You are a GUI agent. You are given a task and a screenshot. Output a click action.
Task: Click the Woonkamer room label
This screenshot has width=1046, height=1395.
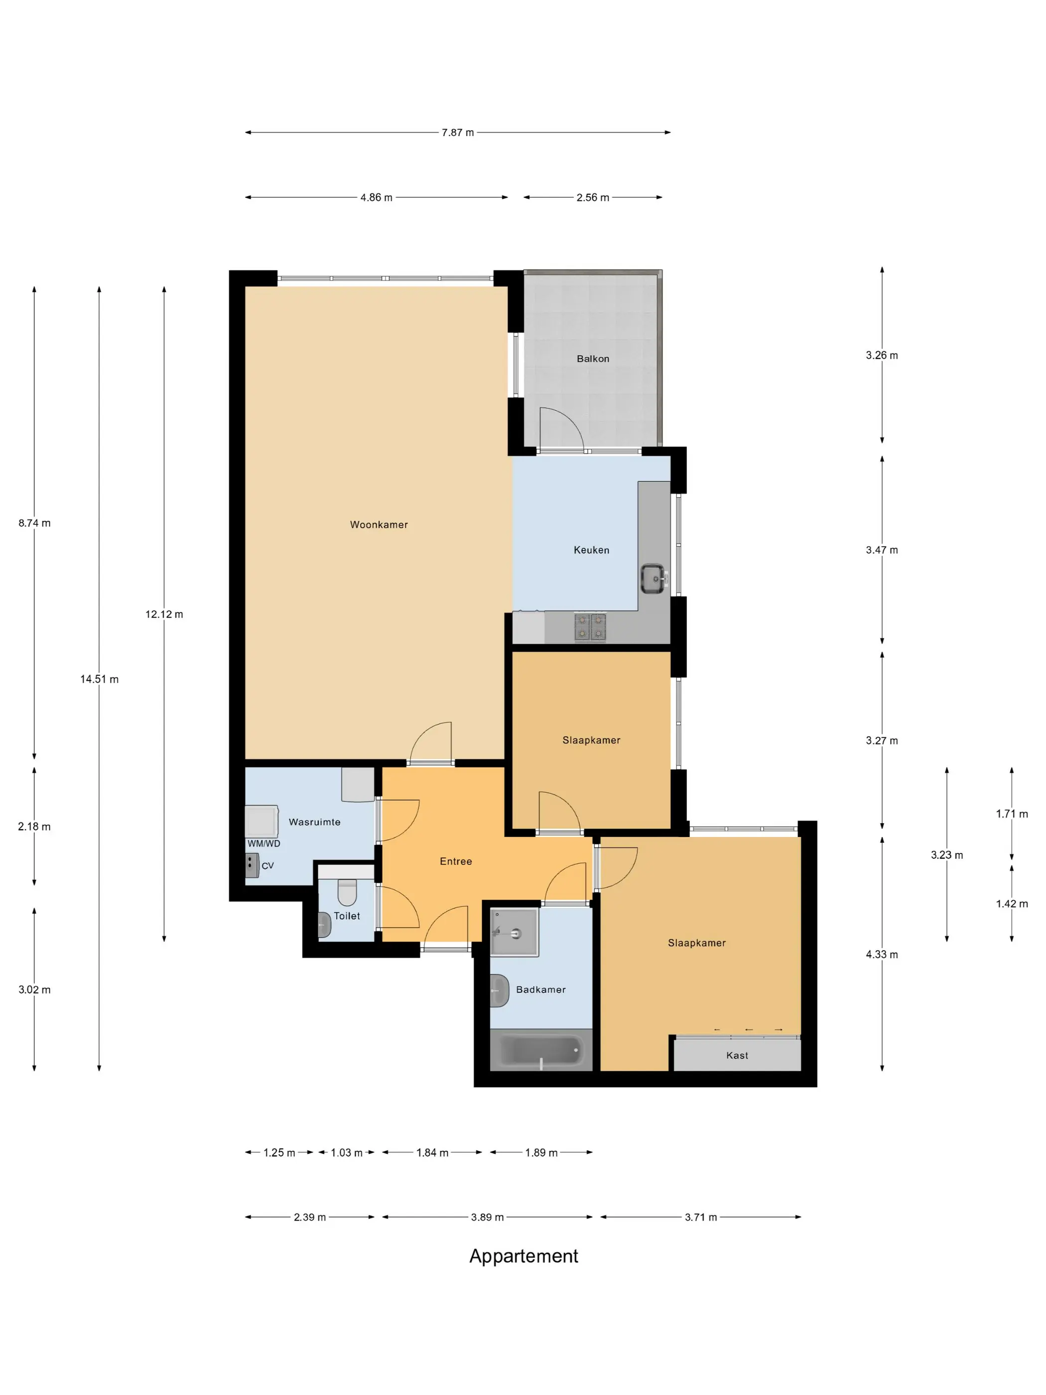point(378,525)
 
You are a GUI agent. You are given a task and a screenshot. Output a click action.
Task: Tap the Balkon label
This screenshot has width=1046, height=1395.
point(593,359)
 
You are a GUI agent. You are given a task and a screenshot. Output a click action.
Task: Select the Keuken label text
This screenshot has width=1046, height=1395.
point(591,550)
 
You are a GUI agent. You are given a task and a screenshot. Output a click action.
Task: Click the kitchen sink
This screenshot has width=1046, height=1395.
point(653,578)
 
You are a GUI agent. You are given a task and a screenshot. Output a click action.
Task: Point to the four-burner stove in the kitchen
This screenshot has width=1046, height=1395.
point(590,627)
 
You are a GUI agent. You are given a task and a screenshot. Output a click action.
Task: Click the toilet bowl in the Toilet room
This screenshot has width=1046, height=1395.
point(347,892)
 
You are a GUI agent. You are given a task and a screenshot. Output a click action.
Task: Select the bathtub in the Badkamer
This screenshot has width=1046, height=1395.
point(541,1051)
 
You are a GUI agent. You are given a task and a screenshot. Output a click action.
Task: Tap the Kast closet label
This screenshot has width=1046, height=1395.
point(737,1056)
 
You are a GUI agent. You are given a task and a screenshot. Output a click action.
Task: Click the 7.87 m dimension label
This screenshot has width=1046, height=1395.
point(458,133)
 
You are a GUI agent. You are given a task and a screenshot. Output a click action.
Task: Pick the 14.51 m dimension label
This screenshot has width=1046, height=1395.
point(99,679)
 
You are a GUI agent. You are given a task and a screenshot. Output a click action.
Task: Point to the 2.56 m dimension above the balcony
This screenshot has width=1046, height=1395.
point(593,197)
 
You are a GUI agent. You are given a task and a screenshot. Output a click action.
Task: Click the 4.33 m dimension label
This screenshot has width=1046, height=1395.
point(882,954)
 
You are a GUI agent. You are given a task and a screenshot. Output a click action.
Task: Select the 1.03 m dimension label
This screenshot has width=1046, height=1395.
point(347,1153)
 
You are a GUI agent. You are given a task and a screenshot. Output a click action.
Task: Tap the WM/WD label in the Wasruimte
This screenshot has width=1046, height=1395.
point(263,843)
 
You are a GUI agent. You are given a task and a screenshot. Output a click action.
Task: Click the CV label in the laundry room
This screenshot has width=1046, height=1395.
point(267,866)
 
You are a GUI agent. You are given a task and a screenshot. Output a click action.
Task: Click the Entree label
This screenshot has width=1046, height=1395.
point(456,861)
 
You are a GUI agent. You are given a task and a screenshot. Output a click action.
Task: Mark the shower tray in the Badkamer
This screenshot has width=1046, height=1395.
point(515,933)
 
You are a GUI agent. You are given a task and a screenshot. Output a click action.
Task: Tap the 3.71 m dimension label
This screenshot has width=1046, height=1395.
point(700,1217)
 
